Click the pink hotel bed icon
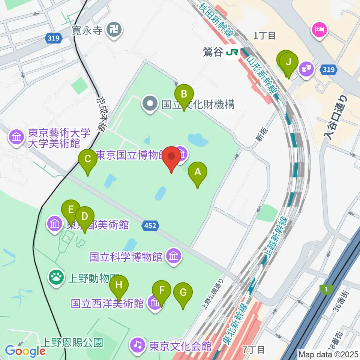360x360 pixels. [319, 29]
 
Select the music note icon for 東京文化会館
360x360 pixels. [138, 345]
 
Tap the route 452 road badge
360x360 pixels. [151, 225]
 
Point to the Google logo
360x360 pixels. [25, 351]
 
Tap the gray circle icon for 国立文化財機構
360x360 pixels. [150, 104]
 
